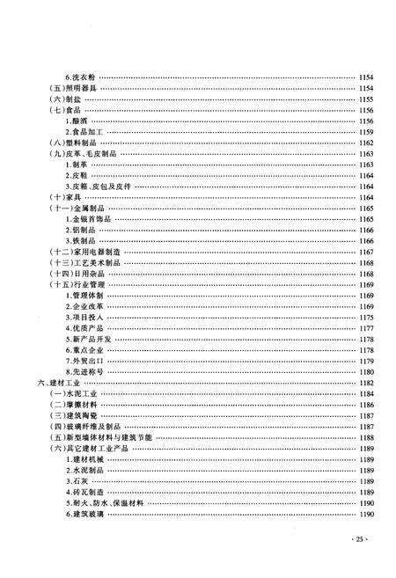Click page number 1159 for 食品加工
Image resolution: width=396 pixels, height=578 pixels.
(x=366, y=131)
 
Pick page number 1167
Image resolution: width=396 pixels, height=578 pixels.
(x=366, y=252)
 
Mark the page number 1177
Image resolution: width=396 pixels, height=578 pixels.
(x=366, y=328)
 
